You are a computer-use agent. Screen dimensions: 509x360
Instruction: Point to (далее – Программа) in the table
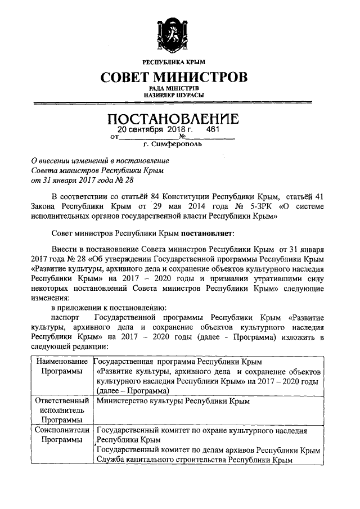[132, 390]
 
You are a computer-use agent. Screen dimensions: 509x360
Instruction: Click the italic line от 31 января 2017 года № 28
[83, 180]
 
